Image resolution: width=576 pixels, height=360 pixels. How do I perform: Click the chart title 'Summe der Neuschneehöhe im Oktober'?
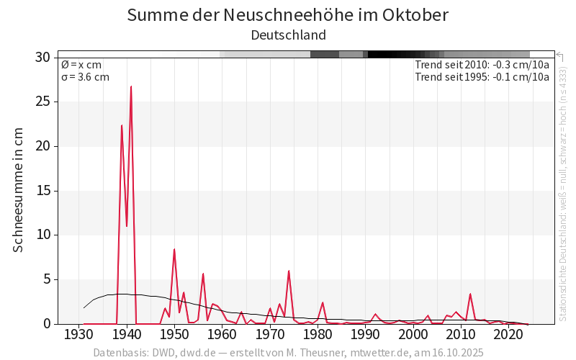(288, 14)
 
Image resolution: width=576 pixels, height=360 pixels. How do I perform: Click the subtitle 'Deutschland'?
(288, 35)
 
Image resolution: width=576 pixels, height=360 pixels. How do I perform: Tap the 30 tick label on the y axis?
(43, 58)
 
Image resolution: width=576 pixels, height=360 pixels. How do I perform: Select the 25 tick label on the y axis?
(43, 102)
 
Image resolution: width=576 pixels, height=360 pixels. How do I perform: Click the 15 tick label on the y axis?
(43, 191)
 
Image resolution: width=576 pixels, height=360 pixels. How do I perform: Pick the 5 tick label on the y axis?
(47, 279)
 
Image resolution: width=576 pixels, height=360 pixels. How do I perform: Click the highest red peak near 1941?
(131, 86)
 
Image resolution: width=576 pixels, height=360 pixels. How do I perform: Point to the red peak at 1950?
(174, 249)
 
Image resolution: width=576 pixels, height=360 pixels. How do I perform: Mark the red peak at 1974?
(289, 271)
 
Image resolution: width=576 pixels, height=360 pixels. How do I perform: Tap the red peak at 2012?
(470, 294)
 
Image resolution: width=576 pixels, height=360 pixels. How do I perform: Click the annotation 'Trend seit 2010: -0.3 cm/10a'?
(482, 65)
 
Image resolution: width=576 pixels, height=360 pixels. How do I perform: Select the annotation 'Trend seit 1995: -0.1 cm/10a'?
(482, 77)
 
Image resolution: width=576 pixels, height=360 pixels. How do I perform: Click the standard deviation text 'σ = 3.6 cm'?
(85, 77)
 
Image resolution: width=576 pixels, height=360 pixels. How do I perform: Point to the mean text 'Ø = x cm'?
(81, 65)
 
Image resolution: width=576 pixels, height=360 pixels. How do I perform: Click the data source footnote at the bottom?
(288, 353)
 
